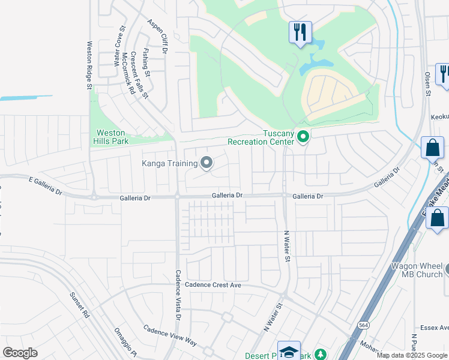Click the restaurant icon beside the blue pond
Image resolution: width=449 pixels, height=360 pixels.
coord(300,31)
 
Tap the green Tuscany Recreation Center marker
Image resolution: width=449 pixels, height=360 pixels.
coord(303,138)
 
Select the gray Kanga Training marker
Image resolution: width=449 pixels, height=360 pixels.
coord(206,163)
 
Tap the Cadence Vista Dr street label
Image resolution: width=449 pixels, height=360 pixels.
coord(178,293)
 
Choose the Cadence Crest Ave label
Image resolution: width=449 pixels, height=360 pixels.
coord(213,285)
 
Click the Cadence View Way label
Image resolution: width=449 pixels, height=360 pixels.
coord(170,335)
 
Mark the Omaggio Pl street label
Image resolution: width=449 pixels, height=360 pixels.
coord(122,341)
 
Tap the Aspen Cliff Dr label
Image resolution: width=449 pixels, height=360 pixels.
coord(157,36)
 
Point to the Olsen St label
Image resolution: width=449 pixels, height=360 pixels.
coord(428,84)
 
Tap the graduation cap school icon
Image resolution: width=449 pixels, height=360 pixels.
coord(289,352)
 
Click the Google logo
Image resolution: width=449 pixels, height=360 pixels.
coord(20,353)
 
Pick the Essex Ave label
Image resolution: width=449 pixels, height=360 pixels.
coord(435,328)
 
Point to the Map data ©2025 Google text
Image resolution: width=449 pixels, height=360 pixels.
coord(412,355)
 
